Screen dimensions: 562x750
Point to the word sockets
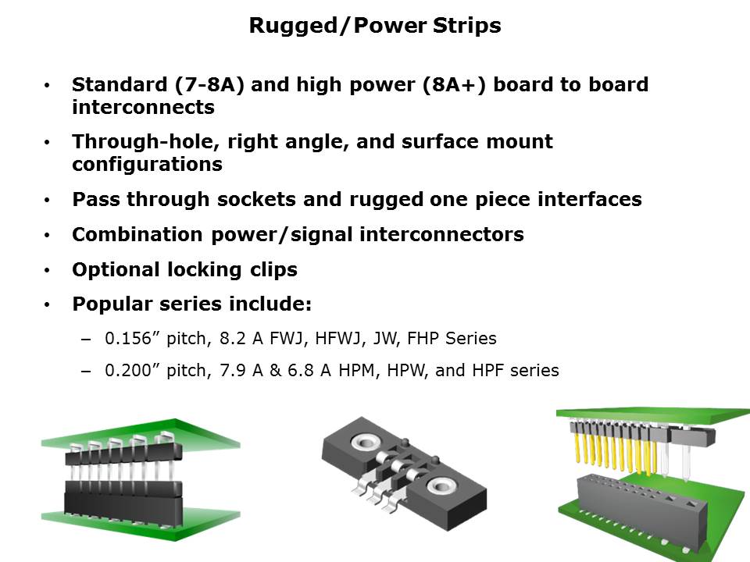tap(252, 200)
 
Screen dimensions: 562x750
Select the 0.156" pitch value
tap(128, 339)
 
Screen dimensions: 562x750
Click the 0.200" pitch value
tap(128, 370)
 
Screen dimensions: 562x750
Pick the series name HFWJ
tap(330, 339)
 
